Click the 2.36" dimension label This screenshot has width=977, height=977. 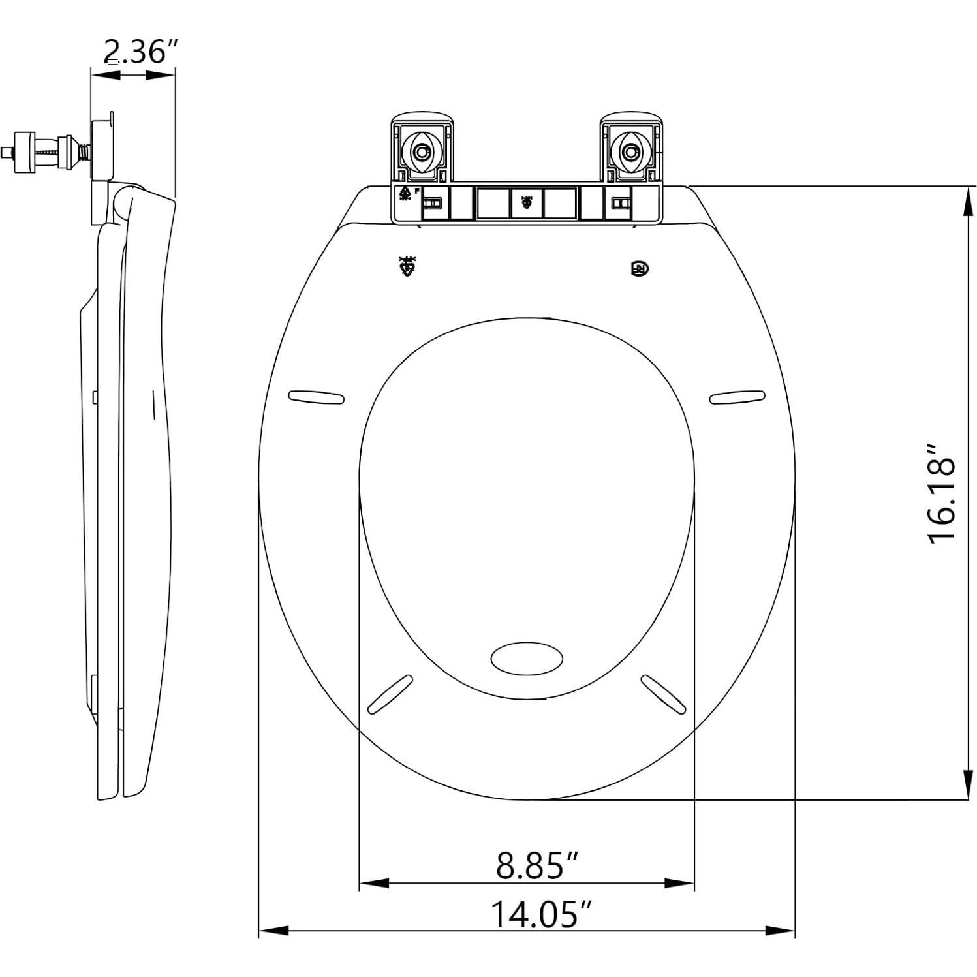click(x=141, y=52)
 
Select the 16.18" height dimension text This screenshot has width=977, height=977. click(x=941, y=493)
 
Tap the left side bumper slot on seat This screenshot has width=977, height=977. click(x=316, y=397)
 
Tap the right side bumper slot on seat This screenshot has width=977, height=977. click(x=737, y=396)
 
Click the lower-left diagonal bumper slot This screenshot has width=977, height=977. click(x=390, y=694)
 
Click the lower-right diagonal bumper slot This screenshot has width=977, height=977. click(x=663, y=694)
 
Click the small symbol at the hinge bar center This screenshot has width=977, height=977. click(x=526, y=203)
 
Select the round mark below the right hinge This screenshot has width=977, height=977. click(x=640, y=268)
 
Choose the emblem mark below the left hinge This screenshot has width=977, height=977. click(x=408, y=266)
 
